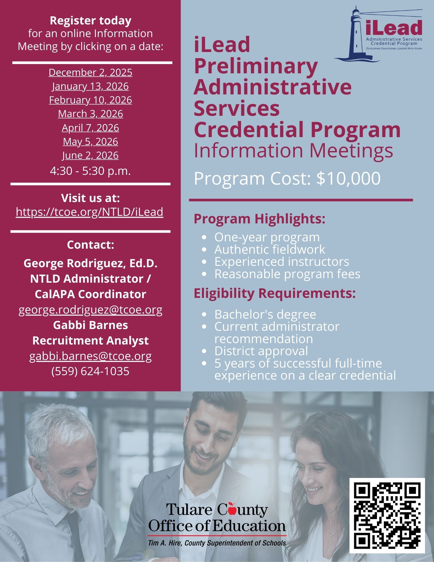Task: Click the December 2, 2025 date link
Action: tap(90, 72)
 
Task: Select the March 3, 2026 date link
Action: tap(90, 114)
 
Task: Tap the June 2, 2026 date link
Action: tap(90, 155)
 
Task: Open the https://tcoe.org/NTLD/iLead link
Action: tap(90, 212)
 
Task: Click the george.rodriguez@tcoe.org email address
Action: tap(90, 310)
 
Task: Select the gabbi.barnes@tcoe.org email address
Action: tap(90, 356)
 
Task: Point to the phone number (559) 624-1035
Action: tap(90, 371)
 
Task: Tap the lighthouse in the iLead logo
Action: tap(356, 34)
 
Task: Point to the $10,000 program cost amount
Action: tap(348, 178)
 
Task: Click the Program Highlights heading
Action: tap(260, 219)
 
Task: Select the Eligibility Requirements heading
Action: tap(275, 293)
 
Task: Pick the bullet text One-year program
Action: tap(267, 237)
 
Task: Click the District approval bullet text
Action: tap(261, 351)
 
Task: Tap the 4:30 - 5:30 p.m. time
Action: tap(90, 171)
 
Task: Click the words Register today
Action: tap(90, 21)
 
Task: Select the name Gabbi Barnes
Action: tap(90, 325)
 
